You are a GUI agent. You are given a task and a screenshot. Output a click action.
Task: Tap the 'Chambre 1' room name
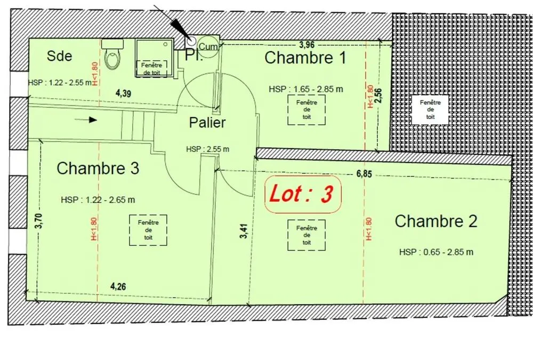tap(305, 57)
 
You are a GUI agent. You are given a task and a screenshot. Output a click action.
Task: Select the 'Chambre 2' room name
tap(436, 221)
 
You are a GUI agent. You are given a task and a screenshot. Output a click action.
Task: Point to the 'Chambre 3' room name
tap(98, 168)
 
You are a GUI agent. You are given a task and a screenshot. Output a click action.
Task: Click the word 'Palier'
tap(207, 123)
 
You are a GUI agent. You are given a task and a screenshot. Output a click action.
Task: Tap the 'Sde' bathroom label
tap(60, 56)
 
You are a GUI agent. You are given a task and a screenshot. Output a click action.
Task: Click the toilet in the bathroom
tap(112, 54)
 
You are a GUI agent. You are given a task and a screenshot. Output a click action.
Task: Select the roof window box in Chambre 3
tap(148, 230)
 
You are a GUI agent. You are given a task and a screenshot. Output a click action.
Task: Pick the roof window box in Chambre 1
tap(306, 109)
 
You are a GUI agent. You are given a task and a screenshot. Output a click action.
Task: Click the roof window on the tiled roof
tap(430, 109)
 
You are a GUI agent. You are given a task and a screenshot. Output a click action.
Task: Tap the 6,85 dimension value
tap(364, 174)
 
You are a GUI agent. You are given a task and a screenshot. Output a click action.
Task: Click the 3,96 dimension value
tap(306, 45)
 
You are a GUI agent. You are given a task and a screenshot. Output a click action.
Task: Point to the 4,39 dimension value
tap(124, 93)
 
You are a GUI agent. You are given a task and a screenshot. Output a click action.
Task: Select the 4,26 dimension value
tap(118, 286)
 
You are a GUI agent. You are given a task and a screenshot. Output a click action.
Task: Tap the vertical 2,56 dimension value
tap(379, 95)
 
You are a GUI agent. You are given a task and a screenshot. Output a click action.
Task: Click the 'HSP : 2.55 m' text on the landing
tap(208, 149)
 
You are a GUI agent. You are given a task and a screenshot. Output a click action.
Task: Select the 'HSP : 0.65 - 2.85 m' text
tap(436, 252)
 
